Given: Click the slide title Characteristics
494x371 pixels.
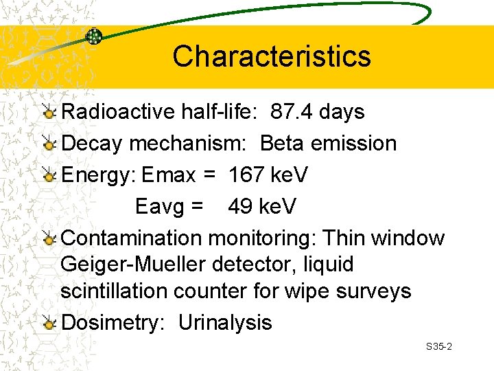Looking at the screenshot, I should click(x=271, y=56).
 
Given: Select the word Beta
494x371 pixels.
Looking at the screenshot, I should click(x=283, y=144).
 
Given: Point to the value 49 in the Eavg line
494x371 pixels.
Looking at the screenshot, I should click(x=240, y=206).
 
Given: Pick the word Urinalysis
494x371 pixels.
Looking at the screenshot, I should click(x=225, y=323).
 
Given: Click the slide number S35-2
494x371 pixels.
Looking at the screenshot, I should click(x=438, y=347).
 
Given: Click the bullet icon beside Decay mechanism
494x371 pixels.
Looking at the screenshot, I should click(x=49, y=144).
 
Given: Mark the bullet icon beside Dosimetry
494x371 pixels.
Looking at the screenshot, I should click(x=49, y=324).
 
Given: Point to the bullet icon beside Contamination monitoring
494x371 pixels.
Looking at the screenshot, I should click(x=49, y=239).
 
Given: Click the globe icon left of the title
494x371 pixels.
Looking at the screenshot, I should click(x=93, y=37).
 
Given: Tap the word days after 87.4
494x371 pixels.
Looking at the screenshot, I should click(x=341, y=112).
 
